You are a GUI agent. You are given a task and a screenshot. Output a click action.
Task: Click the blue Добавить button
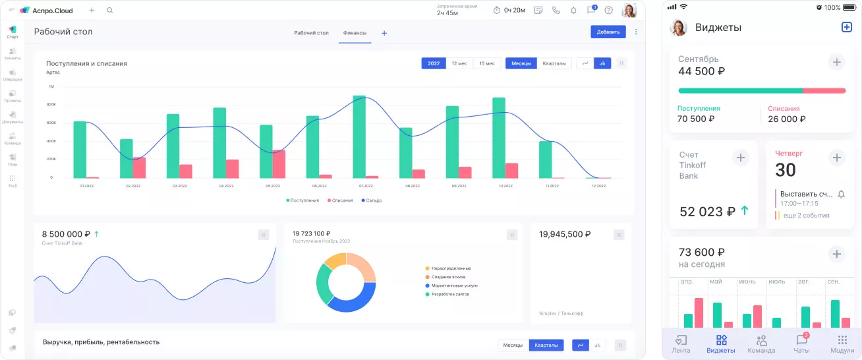(x=608, y=32)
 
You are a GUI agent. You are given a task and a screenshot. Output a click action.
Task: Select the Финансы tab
(x=355, y=33)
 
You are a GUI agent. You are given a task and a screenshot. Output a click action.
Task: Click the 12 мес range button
(x=459, y=63)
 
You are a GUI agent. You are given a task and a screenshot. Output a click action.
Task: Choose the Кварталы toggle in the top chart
(x=554, y=63)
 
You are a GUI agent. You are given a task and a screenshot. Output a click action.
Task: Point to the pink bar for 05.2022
(x=279, y=164)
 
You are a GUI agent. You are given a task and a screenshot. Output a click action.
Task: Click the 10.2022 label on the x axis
(x=505, y=186)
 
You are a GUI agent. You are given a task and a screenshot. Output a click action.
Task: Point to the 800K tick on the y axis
(x=51, y=104)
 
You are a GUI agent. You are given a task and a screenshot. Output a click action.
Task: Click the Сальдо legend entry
(x=372, y=200)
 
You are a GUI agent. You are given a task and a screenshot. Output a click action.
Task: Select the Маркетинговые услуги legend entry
(x=454, y=285)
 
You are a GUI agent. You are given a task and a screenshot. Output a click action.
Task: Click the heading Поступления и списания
(x=86, y=63)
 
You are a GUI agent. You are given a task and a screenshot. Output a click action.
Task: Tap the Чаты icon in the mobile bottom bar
(x=802, y=343)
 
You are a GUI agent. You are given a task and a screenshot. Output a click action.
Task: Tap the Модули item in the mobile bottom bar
(x=842, y=343)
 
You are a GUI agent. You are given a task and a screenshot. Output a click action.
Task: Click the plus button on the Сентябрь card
(x=836, y=62)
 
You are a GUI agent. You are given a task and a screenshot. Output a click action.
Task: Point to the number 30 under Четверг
(x=786, y=170)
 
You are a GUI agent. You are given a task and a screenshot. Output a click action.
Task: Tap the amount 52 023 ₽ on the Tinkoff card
(x=706, y=212)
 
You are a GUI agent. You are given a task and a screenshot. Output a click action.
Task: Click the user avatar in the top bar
(x=629, y=11)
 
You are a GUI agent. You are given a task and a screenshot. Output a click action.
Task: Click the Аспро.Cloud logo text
(x=53, y=11)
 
